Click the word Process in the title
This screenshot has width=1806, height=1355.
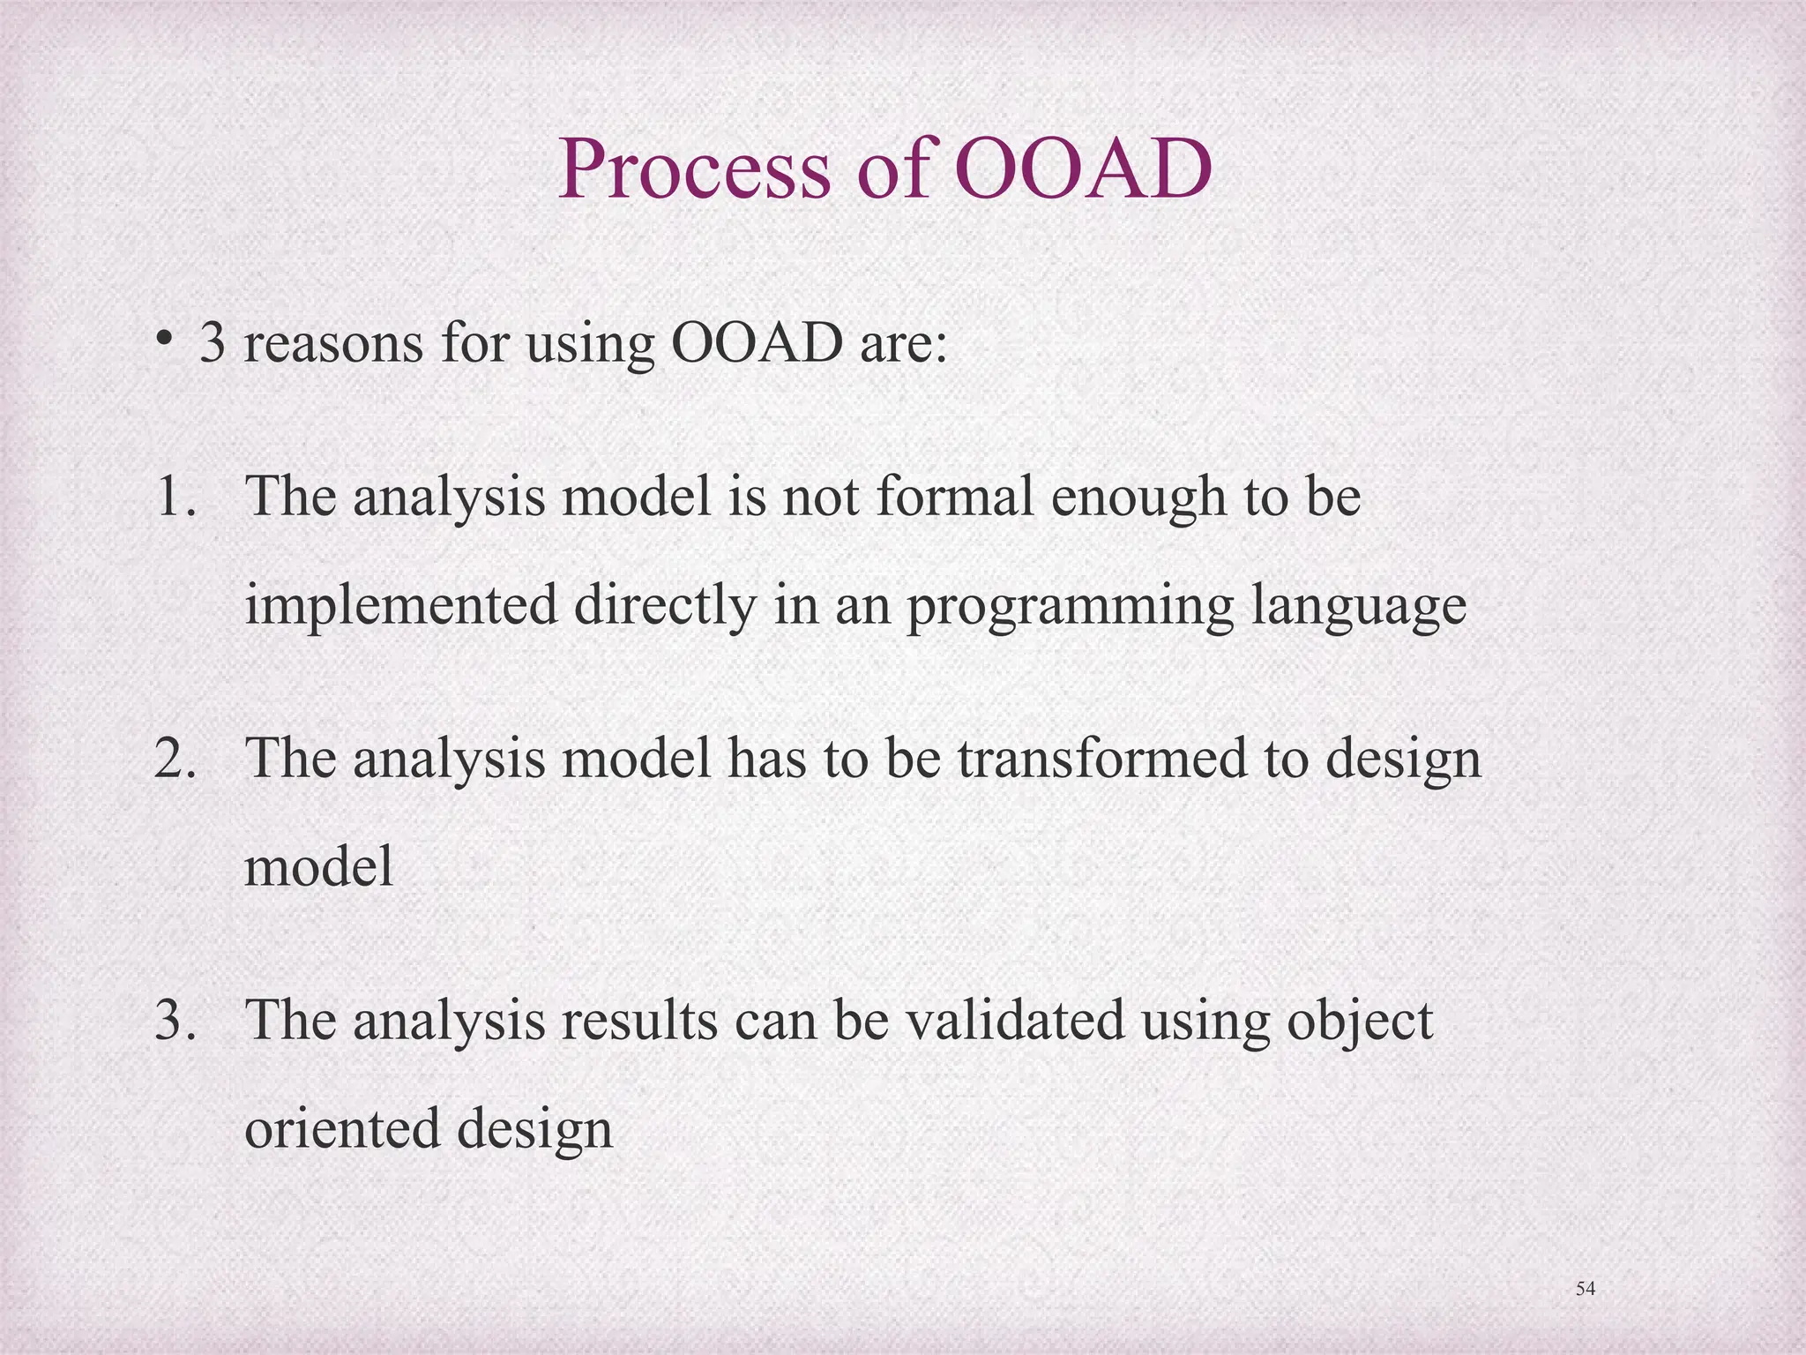pyautogui.click(x=694, y=169)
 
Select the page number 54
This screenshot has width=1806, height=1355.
pyautogui.click(x=1585, y=1289)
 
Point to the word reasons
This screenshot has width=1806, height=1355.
pyautogui.click(x=333, y=344)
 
